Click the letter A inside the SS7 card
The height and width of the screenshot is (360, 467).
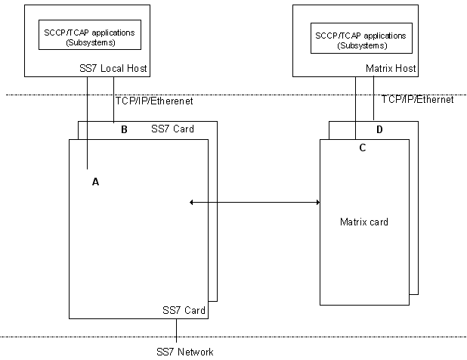[x=95, y=182]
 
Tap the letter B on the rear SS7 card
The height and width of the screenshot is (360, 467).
[x=124, y=129]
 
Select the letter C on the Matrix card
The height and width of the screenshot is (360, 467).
[x=362, y=148]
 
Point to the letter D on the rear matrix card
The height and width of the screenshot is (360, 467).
[x=379, y=129]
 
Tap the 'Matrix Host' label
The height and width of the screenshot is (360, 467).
[x=391, y=70]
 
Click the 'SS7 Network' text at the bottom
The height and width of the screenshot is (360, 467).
[x=185, y=352]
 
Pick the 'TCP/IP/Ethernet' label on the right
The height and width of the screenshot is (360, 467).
[x=417, y=99]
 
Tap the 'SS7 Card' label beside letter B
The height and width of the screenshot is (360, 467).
[x=172, y=129]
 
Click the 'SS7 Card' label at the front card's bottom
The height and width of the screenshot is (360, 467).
[x=184, y=310]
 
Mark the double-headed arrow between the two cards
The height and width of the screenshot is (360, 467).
[x=255, y=202]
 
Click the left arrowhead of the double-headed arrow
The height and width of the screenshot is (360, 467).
[x=193, y=202]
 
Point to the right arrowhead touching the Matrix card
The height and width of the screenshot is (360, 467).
[x=317, y=202]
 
